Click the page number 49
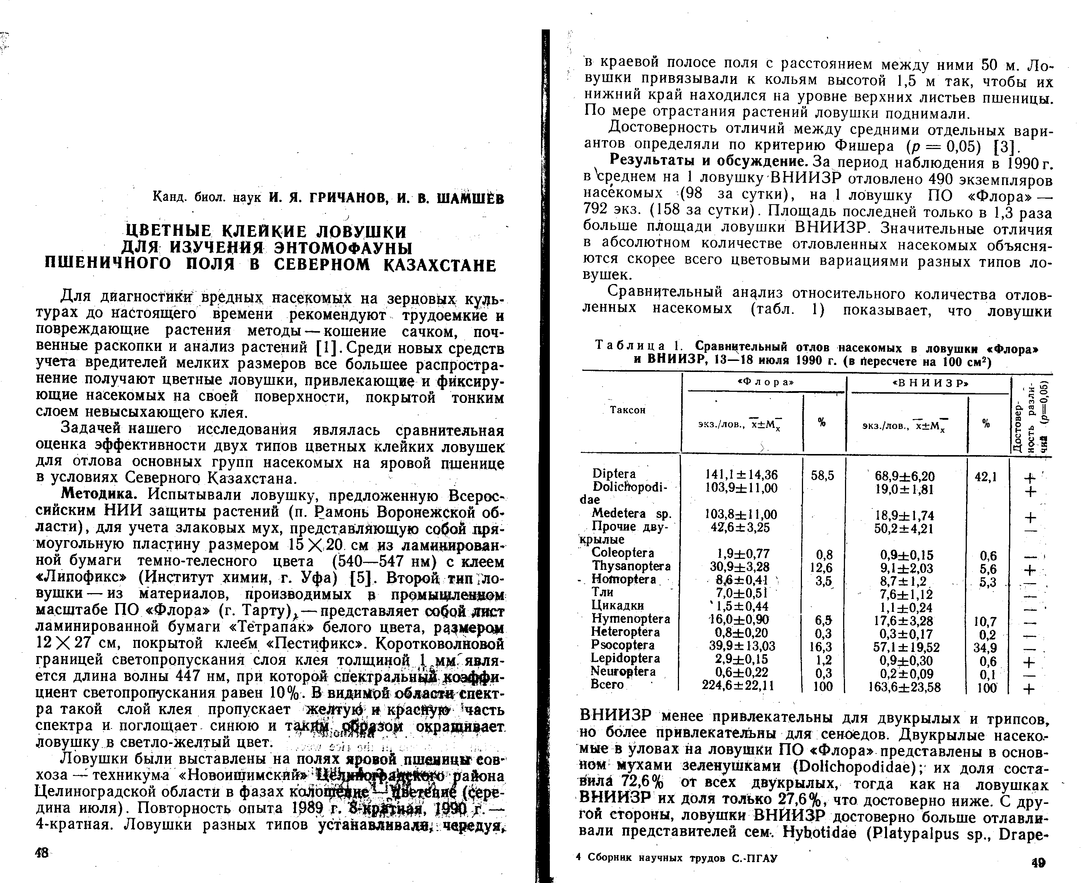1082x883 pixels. pyautogui.click(x=1038, y=862)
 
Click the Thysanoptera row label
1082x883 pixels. pyautogui.click(x=631, y=566)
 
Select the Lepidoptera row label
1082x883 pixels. pyautogui.click(x=625, y=658)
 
